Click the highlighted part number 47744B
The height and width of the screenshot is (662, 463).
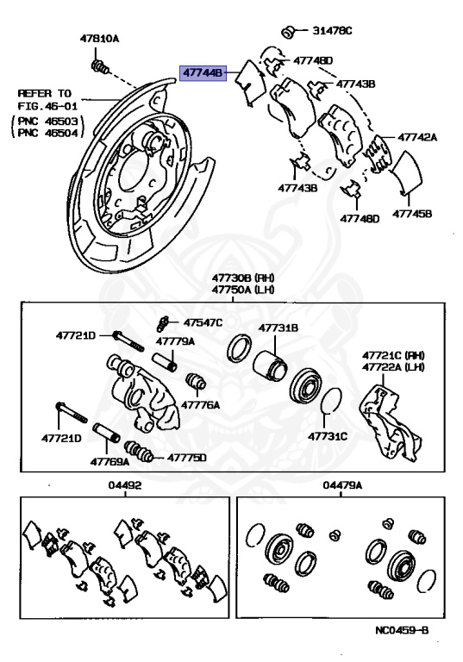[203, 75]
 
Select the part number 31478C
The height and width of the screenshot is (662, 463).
[331, 32]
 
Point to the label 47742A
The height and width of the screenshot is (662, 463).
[417, 137]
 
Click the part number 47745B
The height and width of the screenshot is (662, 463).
[413, 214]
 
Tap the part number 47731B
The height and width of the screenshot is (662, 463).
[278, 328]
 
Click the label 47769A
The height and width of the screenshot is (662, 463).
[111, 461]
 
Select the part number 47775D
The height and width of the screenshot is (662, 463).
[187, 457]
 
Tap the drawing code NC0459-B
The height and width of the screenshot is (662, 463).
[403, 632]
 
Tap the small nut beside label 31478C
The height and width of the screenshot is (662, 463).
[291, 31]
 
